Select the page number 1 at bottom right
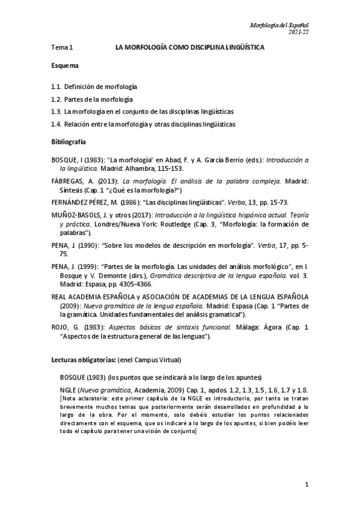(x=307, y=484)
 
